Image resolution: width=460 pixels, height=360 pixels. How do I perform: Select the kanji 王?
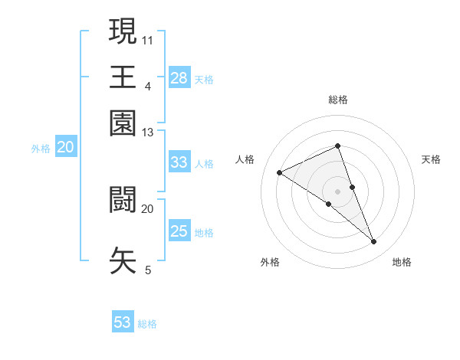click(x=123, y=77)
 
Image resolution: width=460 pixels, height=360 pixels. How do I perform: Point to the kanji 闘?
click(x=123, y=199)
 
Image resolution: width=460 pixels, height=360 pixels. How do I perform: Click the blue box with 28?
click(x=179, y=77)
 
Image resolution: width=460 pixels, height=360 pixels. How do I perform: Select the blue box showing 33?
click(x=179, y=162)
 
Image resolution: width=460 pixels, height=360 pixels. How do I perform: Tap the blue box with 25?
click(x=179, y=231)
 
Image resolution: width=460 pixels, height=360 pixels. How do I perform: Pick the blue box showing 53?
click(x=123, y=322)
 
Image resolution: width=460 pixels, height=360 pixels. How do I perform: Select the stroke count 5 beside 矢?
click(x=147, y=270)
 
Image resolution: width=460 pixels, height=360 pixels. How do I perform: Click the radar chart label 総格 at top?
click(x=337, y=100)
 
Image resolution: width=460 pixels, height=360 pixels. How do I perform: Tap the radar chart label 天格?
click(x=431, y=159)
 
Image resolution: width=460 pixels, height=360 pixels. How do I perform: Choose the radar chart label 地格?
click(x=402, y=262)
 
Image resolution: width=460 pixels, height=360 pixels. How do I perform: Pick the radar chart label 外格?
click(x=270, y=262)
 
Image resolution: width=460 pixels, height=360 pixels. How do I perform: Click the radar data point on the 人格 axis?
click(x=280, y=173)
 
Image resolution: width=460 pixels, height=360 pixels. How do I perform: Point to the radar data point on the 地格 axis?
click(x=374, y=242)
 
